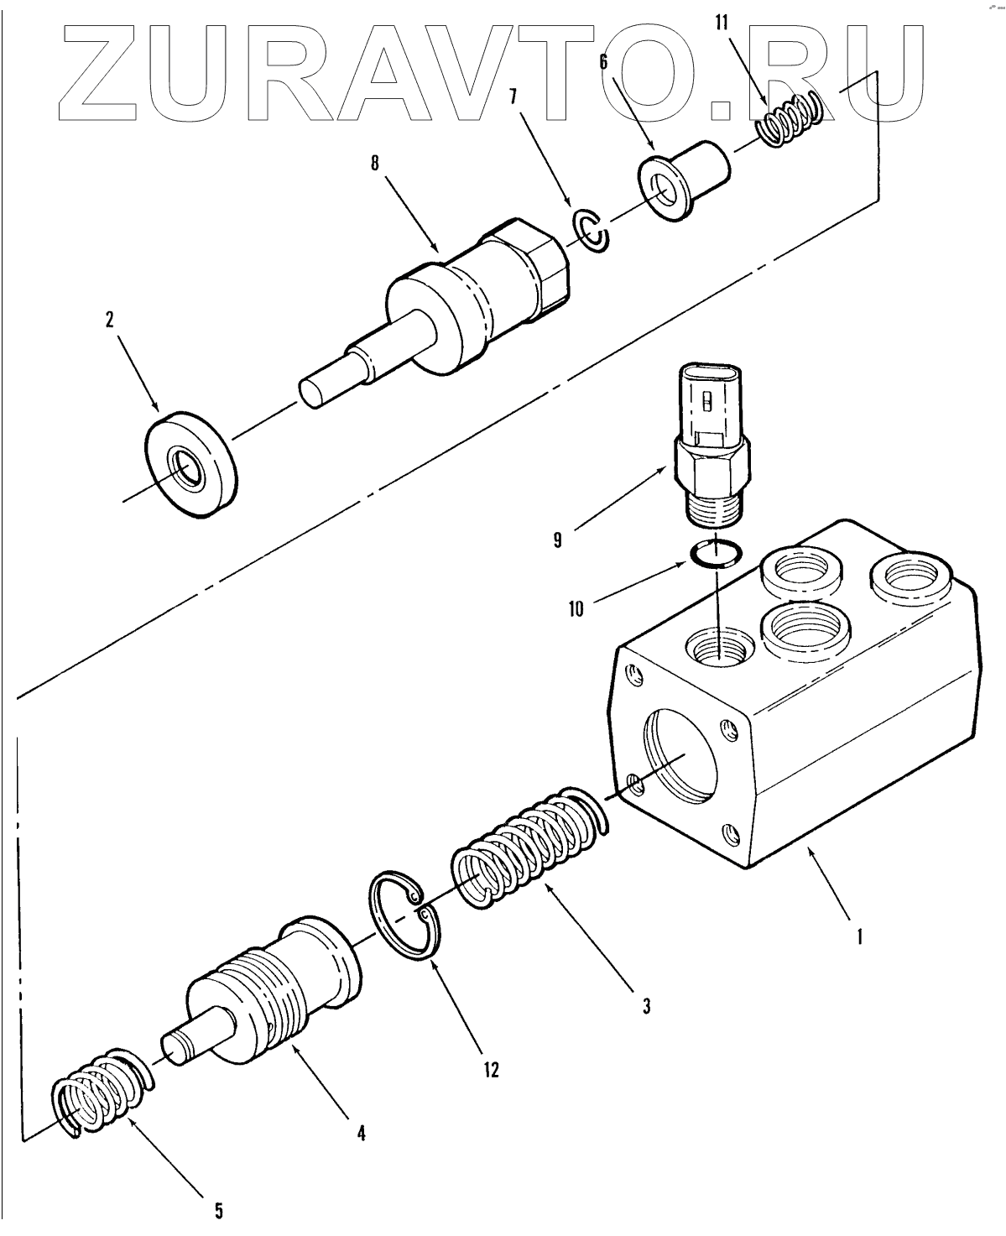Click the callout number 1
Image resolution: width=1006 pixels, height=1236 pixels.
[x=858, y=935]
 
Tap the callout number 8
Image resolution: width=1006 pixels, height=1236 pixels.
[x=375, y=163]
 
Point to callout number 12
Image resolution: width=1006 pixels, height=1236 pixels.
[x=491, y=1069]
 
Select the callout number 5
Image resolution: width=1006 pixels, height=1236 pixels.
[x=218, y=1210]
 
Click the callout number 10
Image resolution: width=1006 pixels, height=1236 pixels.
[x=576, y=608]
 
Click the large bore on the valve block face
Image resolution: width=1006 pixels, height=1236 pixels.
[x=680, y=751]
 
